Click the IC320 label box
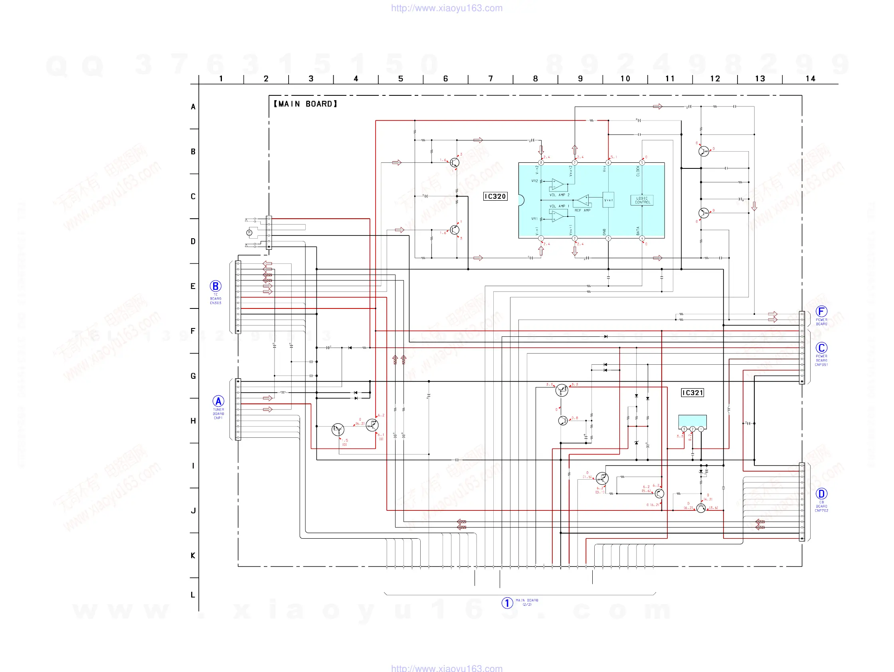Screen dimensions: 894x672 pos(495,196)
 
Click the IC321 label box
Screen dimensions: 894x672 pos(692,393)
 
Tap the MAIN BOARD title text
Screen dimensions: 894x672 pos(306,104)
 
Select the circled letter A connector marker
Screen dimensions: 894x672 pos(218,401)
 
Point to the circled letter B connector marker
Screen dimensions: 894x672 pos(216,286)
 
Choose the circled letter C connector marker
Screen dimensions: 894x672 pos(821,348)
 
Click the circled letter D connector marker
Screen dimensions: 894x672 pos(821,493)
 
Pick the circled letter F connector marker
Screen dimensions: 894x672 pos(821,311)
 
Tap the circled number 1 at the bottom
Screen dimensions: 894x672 pos(507,603)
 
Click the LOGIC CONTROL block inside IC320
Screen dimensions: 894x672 pos(642,200)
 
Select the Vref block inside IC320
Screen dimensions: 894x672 pos(608,200)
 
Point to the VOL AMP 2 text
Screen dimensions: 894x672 pos(560,195)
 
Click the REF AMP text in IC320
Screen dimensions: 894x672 pos(582,210)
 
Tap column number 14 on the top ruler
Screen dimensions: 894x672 pos(810,79)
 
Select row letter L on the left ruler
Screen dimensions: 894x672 pos(193,595)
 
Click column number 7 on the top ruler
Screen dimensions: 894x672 pos(491,79)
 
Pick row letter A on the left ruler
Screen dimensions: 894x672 pos(193,107)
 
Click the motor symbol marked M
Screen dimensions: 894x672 pos(249,232)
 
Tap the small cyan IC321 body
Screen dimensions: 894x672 pos(692,421)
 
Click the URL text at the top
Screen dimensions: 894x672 pos(447,8)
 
